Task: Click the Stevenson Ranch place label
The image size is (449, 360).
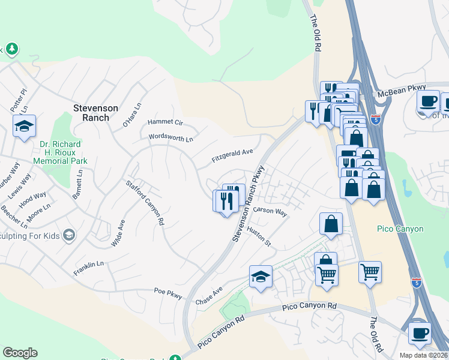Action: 91,113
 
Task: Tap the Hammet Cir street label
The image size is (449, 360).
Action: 164,122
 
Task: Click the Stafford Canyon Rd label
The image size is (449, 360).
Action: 145,202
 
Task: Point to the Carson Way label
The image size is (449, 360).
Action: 270,211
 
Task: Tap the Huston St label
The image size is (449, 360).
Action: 259,236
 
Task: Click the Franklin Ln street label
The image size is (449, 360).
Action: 89,268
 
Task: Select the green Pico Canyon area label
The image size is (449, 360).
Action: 400,229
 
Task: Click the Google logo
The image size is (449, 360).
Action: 20,353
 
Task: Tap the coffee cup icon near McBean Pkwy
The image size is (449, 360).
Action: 428,101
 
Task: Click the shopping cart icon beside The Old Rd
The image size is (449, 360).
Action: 370,272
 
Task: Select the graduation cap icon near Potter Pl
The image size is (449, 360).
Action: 24,125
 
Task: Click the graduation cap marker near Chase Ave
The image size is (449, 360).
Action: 261,276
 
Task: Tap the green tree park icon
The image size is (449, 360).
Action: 11,49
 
